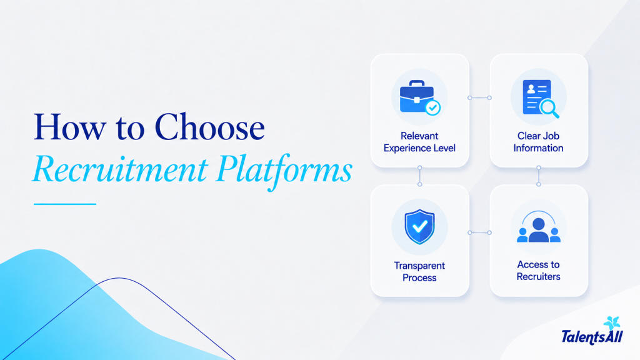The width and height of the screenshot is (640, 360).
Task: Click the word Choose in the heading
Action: (x=209, y=127)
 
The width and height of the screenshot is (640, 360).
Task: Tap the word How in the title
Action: (x=69, y=127)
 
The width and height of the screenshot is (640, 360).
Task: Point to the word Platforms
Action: (x=284, y=170)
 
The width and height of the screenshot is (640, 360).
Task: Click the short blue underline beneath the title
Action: (x=65, y=204)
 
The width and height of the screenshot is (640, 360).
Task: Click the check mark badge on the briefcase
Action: (x=432, y=107)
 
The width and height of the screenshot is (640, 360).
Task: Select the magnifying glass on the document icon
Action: (x=549, y=109)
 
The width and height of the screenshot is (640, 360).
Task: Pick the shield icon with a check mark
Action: (x=419, y=227)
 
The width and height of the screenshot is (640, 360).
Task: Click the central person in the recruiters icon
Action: (x=539, y=230)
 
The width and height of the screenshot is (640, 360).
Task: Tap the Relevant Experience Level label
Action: (x=419, y=142)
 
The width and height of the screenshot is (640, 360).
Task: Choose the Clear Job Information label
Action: (x=538, y=142)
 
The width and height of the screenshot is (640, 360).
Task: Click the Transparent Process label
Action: (x=419, y=272)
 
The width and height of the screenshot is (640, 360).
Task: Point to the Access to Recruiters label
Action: (x=538, y=271)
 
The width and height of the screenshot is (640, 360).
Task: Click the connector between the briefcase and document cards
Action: (x=479, y=97)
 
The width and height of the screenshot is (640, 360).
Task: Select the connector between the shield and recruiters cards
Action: (x=479, y=232)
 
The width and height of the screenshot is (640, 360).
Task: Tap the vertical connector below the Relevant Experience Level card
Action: (x=419, y=176)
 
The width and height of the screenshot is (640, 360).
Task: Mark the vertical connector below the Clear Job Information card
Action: (x=539, y=176)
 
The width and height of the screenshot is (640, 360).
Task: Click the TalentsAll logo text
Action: (x=592, y=337)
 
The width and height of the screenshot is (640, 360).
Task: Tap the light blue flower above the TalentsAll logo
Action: (x=612, y=322)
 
